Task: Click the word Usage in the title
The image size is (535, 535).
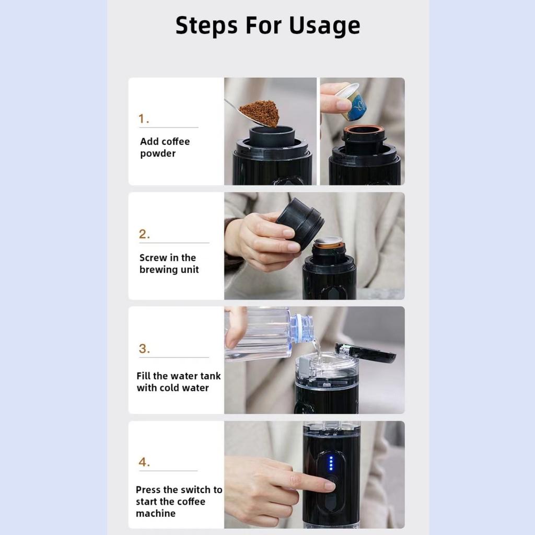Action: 324,26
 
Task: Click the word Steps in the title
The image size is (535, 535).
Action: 206,25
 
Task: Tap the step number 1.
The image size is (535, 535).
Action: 144,119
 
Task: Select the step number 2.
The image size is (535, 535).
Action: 144,234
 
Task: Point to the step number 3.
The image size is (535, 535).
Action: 144,348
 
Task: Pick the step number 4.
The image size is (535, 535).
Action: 144,462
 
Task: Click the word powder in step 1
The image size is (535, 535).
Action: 158,154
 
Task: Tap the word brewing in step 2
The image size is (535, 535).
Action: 158,270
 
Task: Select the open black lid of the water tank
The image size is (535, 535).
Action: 365,352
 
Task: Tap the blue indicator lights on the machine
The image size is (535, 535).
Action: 331,463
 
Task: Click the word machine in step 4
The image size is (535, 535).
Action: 156,514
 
